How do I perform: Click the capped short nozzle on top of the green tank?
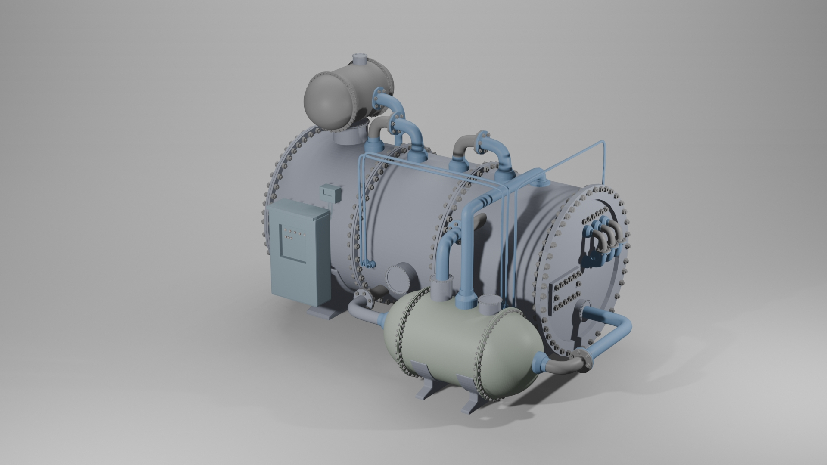pyautogui.click(x=489, y=306)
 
